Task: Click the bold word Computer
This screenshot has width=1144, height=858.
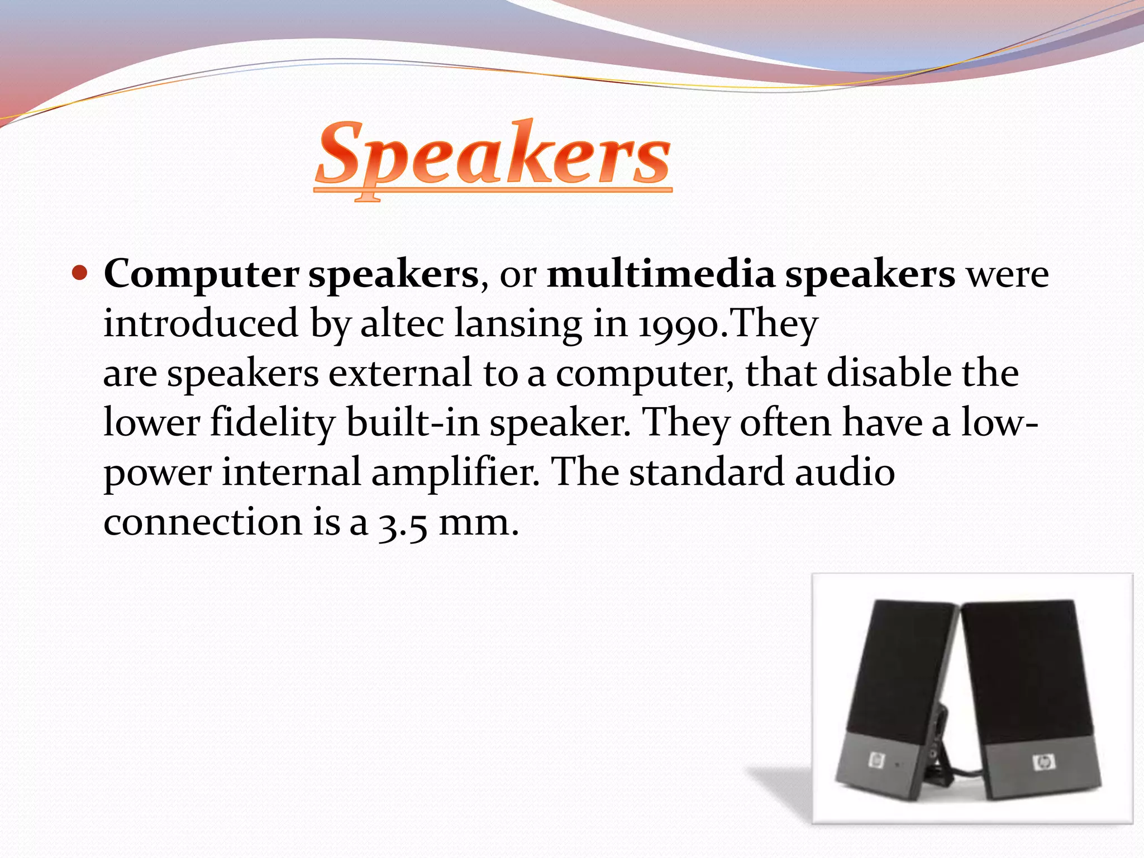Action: click(x=201, y=275)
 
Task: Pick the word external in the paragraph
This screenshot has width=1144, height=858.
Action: click(x=400, y=373)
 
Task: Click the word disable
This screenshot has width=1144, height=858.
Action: click(x=889, y=373)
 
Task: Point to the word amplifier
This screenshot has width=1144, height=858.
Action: click(x=455, y=473)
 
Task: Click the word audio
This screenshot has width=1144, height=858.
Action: click(x=845, y=473)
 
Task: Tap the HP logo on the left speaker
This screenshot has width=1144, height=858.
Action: click(x=876, y=760)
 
